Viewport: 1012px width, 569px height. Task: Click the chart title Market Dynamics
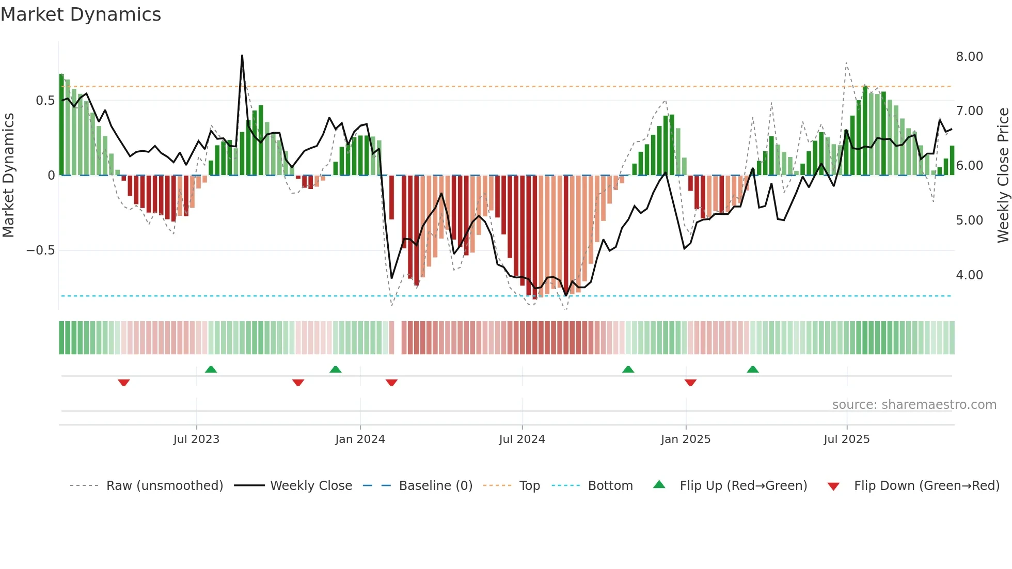tap(81, 14)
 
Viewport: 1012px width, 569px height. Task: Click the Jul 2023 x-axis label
tap(196, 439)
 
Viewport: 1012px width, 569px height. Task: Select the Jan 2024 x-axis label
tap(360, 439)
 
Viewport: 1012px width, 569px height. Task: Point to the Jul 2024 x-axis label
tap(522, 439)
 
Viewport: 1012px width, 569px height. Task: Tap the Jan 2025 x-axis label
tap(686, 439)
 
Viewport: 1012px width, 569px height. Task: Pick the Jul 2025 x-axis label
tap(847, 439)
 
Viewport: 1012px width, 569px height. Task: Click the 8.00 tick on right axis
tap(969, 57)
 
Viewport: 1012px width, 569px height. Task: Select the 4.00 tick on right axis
tap(969, 275)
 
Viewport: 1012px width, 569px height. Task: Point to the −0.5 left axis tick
tap(40, 250)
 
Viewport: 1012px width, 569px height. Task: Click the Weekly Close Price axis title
tap(1003, 176)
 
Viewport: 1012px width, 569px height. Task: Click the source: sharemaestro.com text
tap(914, 405)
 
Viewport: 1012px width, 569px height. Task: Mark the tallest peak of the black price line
tap(242, 56)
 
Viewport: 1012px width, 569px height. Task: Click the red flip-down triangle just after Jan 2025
tap(690, 383)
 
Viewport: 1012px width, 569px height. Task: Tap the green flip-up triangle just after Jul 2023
tap(211, 369)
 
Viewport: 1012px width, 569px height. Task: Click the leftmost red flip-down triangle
tap(123, 383)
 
